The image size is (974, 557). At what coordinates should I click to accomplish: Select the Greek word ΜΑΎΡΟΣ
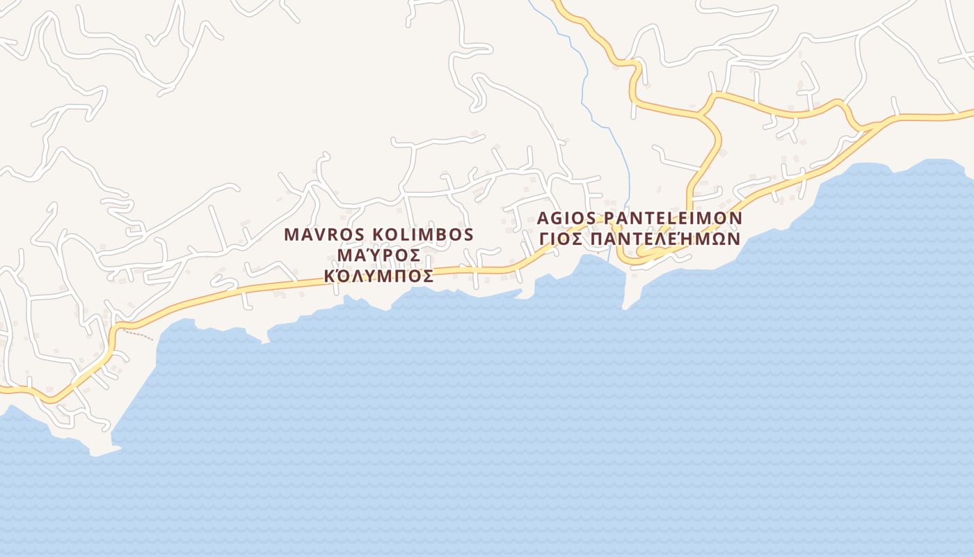(378, 256)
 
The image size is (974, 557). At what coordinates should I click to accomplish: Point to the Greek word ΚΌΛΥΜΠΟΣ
(379, 276)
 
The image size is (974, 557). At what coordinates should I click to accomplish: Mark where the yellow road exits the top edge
(557, 2)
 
